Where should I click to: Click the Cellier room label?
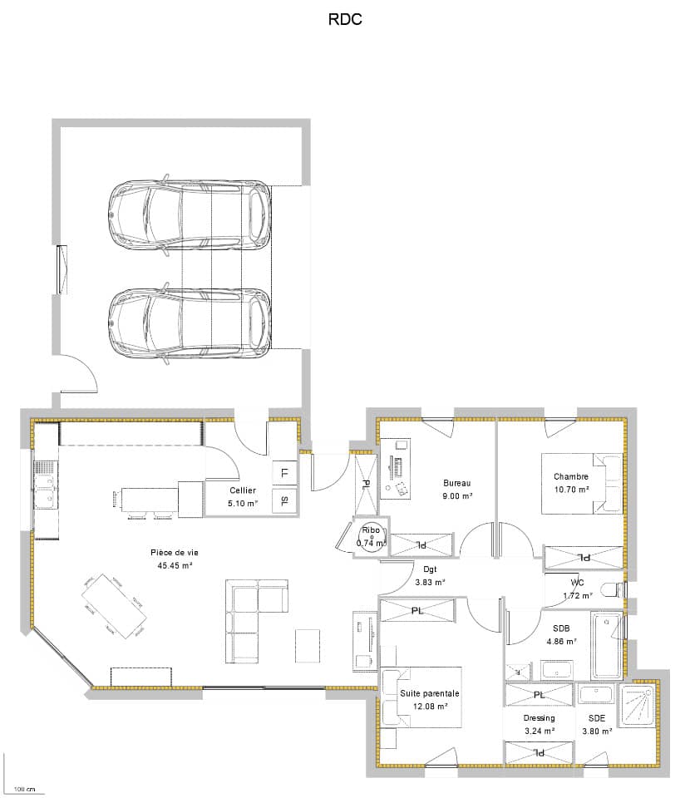pos(243,490)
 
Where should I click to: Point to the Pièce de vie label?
pos(175,552)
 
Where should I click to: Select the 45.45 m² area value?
pos(175,565)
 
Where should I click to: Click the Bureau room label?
pos(456,483)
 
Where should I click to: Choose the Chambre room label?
pos(571,476)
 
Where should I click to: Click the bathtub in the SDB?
pos(606,646)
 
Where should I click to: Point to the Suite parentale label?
pos(430,693)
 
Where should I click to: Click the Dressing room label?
pos(539,718)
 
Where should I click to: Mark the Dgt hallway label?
pos(430,569)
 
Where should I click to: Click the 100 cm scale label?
pos(25,789)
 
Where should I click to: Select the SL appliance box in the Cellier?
pos(284,500)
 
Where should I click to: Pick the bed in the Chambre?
pos(581,484)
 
